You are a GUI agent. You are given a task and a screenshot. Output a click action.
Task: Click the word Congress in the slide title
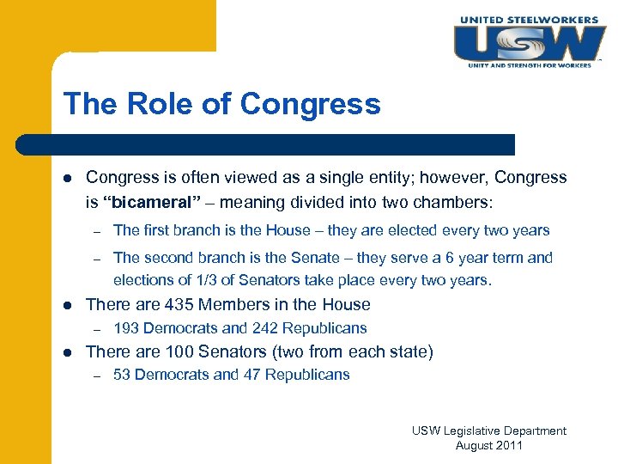pos(311,104)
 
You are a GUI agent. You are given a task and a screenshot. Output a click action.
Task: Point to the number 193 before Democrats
pos(126,328)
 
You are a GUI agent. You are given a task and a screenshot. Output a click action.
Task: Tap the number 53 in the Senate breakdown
pos(122,375)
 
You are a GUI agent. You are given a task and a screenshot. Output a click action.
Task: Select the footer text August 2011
pos(488,445)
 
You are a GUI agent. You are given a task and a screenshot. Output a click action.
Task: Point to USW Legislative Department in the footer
pos(488,430)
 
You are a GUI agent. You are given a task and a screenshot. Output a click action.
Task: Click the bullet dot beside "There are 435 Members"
pos(69,305)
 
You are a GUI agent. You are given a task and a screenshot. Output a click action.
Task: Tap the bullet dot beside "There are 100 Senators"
pos(69,352)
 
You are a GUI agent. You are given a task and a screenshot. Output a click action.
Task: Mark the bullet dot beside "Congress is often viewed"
pos(69,179)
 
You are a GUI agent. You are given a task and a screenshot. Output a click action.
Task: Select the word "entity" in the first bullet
pos(347,178)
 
